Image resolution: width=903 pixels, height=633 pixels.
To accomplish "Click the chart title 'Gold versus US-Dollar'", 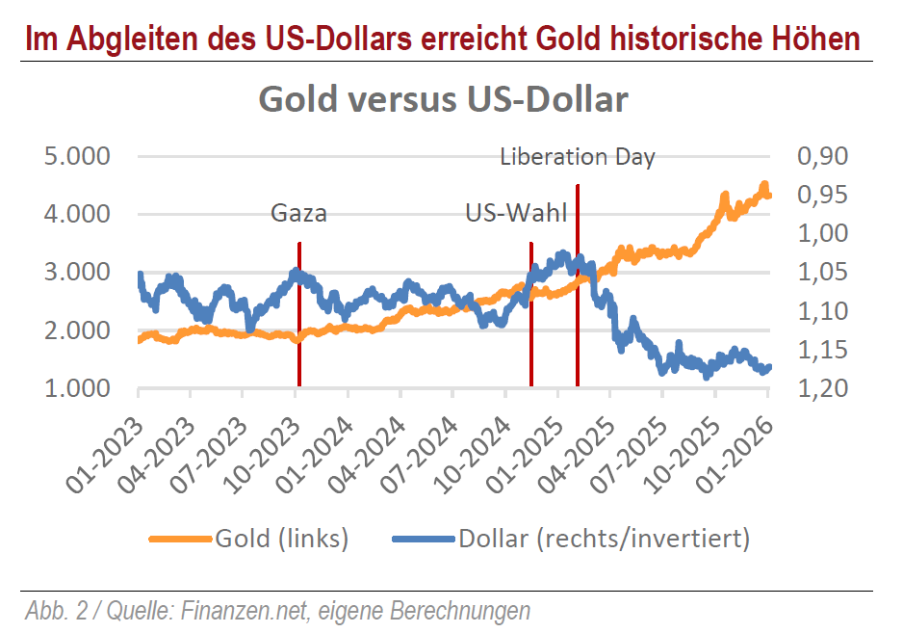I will click(x=443, y=100).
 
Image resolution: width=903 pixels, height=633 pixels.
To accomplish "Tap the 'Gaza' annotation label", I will click(x=298, y=213).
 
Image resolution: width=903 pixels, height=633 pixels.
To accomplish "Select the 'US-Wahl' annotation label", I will click(x=516, y=213).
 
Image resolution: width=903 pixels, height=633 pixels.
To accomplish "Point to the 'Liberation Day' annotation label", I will click(x=578, y=157).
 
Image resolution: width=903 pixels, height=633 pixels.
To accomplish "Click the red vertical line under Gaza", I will click(x=299, y=318).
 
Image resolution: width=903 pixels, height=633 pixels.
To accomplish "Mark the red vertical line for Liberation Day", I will click(x=578, y=289).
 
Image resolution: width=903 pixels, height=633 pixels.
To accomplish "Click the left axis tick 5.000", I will click(x=79, y=156).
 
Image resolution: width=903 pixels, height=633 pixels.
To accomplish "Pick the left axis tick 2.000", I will click(x=79, y=330).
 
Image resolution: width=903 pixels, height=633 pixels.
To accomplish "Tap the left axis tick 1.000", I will click(x=79, y=388).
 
